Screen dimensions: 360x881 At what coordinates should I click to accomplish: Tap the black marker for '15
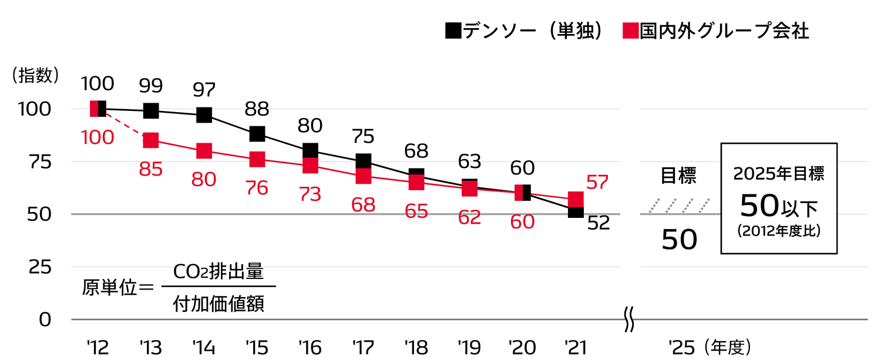click(257, 134)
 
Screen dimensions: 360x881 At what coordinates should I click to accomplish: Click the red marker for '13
click(151, 140)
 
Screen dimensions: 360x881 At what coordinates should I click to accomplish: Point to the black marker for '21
click(576, 211)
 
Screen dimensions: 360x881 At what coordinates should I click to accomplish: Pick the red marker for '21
click(576, 199)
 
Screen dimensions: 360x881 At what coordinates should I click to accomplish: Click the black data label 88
click(257, 109)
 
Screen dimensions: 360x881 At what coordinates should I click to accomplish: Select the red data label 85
click(151, 170)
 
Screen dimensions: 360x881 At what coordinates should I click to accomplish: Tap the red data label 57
click(597, 183)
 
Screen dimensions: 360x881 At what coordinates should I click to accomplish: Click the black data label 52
click(598, 223)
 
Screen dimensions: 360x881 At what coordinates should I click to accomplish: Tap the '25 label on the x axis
click(681, 347)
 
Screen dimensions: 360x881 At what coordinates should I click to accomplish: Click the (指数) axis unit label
click(36, 75)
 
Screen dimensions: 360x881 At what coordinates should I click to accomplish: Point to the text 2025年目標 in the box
click(779, 174)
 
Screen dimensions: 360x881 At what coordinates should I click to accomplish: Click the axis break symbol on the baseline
click(628, 321)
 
